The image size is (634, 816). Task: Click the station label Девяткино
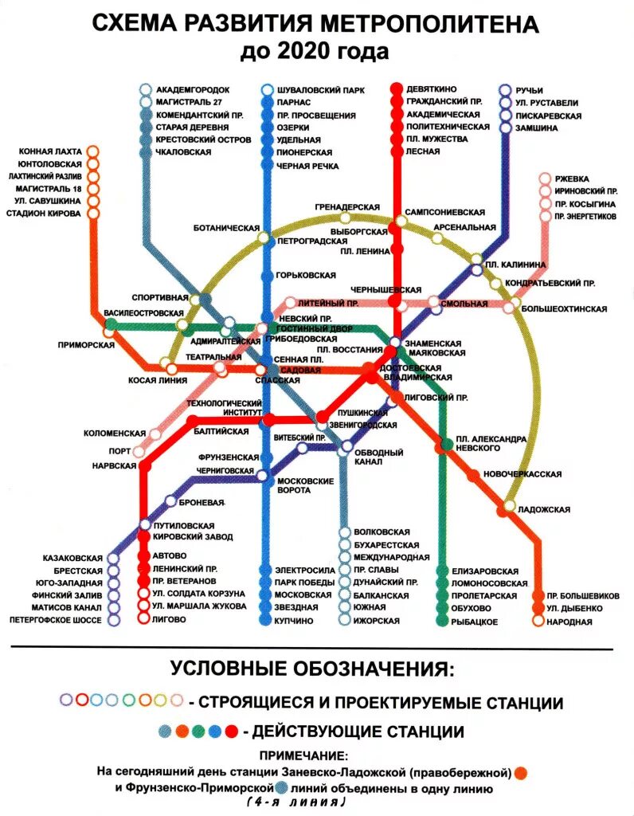[432, 90]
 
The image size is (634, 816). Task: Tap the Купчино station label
[295, 620]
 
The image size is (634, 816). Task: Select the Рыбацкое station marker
[443, 622]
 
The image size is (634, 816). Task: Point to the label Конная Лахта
[51, 150]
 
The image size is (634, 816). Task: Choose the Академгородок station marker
[145, 89]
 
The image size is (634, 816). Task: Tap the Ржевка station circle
[545, 179]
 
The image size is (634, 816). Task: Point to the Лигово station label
[174, 619]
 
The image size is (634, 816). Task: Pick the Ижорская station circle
[344, 621]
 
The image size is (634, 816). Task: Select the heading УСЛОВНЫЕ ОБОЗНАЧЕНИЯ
[316, 667]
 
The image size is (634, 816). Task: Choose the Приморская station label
[86, 345]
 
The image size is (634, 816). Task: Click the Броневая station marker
[170, 501]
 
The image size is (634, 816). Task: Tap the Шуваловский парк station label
[320, 90]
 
